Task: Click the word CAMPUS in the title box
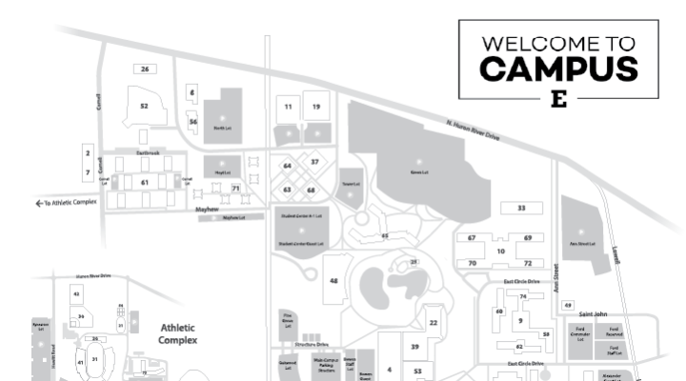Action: (x=558, y=69)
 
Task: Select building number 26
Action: (x=145, y=70)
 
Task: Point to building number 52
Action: (x=144, y=106)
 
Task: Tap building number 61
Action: (x=145, y=181)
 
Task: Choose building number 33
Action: (x=521, y=208)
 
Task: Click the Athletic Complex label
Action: (x=177, y=332)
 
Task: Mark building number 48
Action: (x=333, y=282)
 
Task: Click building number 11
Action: (x=288, y=108)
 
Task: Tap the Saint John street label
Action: (x=593, y=313)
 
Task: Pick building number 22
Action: (x=434, y=324)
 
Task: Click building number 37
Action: (x=314, y=162)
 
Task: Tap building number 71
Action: (x=235, y=189)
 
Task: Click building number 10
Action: (x=500, y=251)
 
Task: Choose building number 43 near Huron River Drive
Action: (x=77, y=295)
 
